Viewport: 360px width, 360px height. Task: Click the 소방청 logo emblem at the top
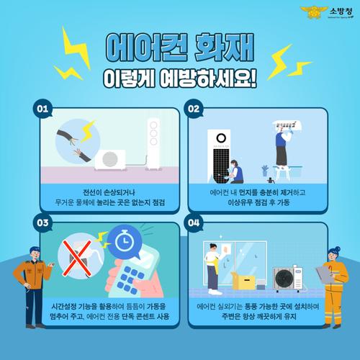click(x=314, y=12)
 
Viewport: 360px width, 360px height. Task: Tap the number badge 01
click(x=42, y=109)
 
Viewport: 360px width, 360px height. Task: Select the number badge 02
click(x=194, y=109)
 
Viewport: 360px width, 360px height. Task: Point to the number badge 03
click(x=42, y=222)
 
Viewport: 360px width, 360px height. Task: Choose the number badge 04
click(x=194, y=222)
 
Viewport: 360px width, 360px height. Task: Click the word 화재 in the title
click(x=224, y=48)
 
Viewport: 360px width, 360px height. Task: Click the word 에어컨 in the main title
click(x=146, y=48)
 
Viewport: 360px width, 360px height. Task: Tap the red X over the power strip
click(x=77, y=258)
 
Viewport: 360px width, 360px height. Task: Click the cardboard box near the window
click(x=243, y=281)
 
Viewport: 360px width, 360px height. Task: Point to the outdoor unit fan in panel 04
click(x=285, y=279)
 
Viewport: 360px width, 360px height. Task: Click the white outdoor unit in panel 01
click(x=110, y=160)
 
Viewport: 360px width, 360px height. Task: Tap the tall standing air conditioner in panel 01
click(x=153, y=144)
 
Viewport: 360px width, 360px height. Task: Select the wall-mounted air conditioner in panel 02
click(x=287, y=125)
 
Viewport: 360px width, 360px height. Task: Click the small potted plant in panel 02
click(x=265, y=170)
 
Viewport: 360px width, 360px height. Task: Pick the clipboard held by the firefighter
click(x=325, y=274)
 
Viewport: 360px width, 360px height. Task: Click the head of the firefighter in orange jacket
click(x=35, y=253)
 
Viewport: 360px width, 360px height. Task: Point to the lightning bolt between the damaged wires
click(x=88, y=130)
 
